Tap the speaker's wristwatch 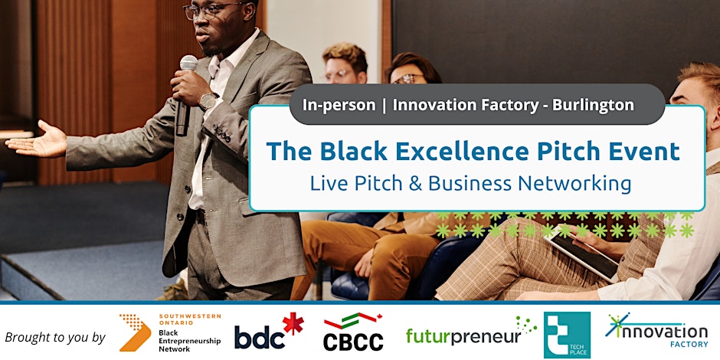pos(209,100)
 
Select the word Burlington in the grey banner pos(593,105)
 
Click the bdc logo pos(269,332)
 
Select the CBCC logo pos(354,332)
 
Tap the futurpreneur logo pos(471,332)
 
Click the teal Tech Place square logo pos(567,335)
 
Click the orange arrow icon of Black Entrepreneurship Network pos(135,332)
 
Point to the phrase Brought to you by pos(55,338)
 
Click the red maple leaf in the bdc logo pos(293,323)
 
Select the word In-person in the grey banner pos(339,105)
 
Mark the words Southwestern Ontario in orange pos(190,319)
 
